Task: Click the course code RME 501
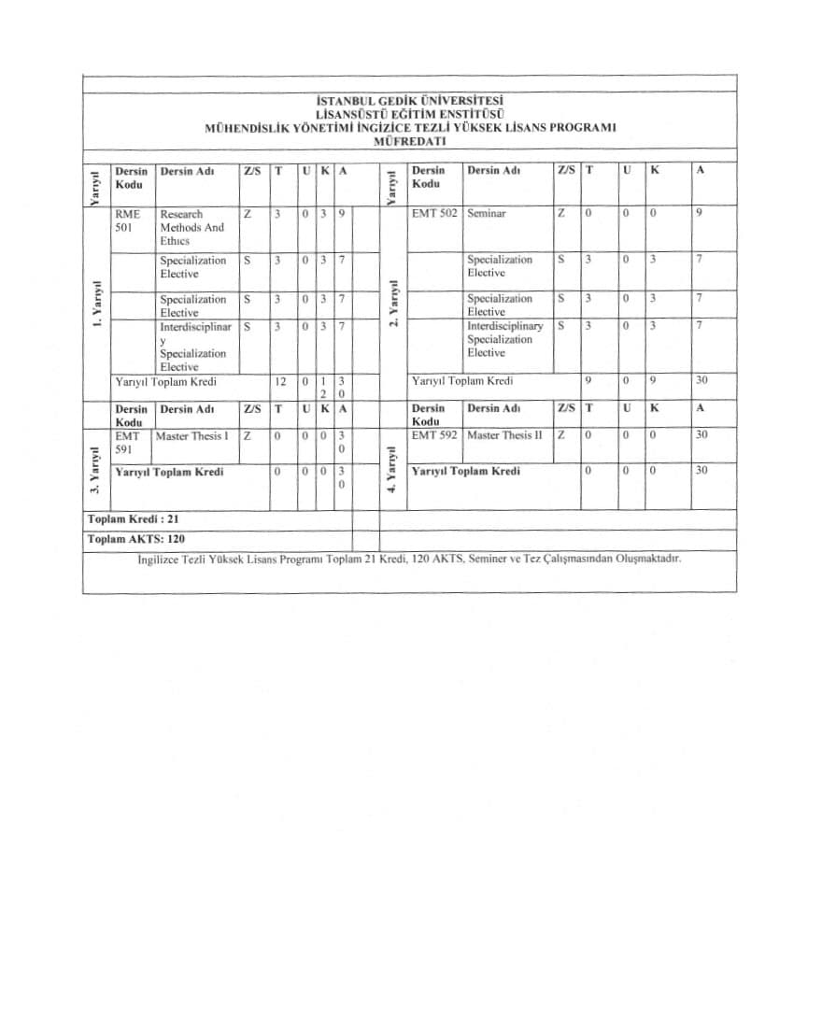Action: click(126, 220)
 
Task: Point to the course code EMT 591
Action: click(126, 442)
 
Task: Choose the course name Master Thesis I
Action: click(191, 435)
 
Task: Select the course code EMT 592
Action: click(434, 435)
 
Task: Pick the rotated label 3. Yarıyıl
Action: click(95, 471)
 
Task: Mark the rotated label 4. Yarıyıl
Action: click(393, 471)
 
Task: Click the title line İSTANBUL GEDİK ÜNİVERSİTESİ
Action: click(410, 100)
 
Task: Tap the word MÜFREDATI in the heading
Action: click(409, 141)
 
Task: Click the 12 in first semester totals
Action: click(279, 381)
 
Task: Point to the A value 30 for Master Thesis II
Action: click(702, 435)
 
